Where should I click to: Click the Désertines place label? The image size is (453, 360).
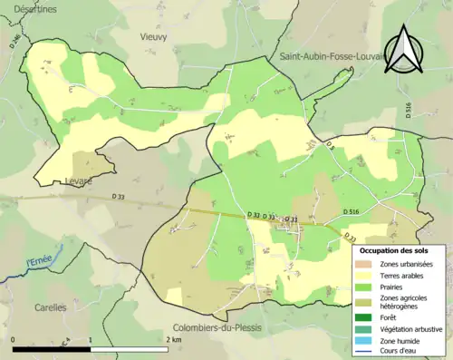coord(30,8)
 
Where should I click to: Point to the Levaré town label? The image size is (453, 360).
coord(79,180)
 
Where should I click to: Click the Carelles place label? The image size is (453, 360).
coord(51,307)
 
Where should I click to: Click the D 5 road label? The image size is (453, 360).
coord(330,147)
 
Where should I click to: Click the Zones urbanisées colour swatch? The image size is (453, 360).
coord(368,263)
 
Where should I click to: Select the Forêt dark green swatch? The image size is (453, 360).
coord(368,317)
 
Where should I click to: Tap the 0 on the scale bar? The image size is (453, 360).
coord(14,339)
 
